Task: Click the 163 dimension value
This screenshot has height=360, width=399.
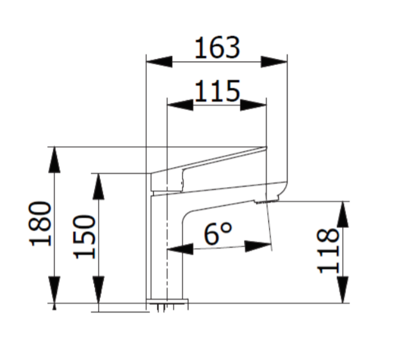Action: click(217, 48)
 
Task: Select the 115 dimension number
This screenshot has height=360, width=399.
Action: click(216, 92)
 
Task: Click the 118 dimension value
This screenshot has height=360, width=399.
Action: click(329, 250)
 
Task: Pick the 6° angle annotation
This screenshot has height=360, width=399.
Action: click(218, 234)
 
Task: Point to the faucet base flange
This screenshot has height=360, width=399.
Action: click(167, 301)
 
